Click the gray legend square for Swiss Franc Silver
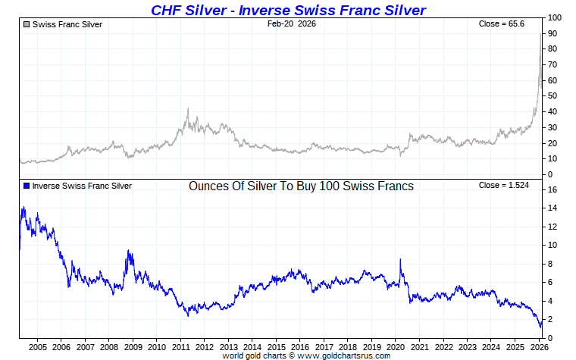tap(27, 24)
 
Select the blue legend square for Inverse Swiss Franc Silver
tap(27, 186)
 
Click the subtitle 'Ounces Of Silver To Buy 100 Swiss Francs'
tap(301, 186)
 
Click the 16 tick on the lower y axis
tap(553, 189)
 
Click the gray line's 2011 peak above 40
tap(187, 109)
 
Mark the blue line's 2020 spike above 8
tap(400, 260)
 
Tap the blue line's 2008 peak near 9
tap(129, 251)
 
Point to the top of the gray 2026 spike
tap(541, 34)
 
